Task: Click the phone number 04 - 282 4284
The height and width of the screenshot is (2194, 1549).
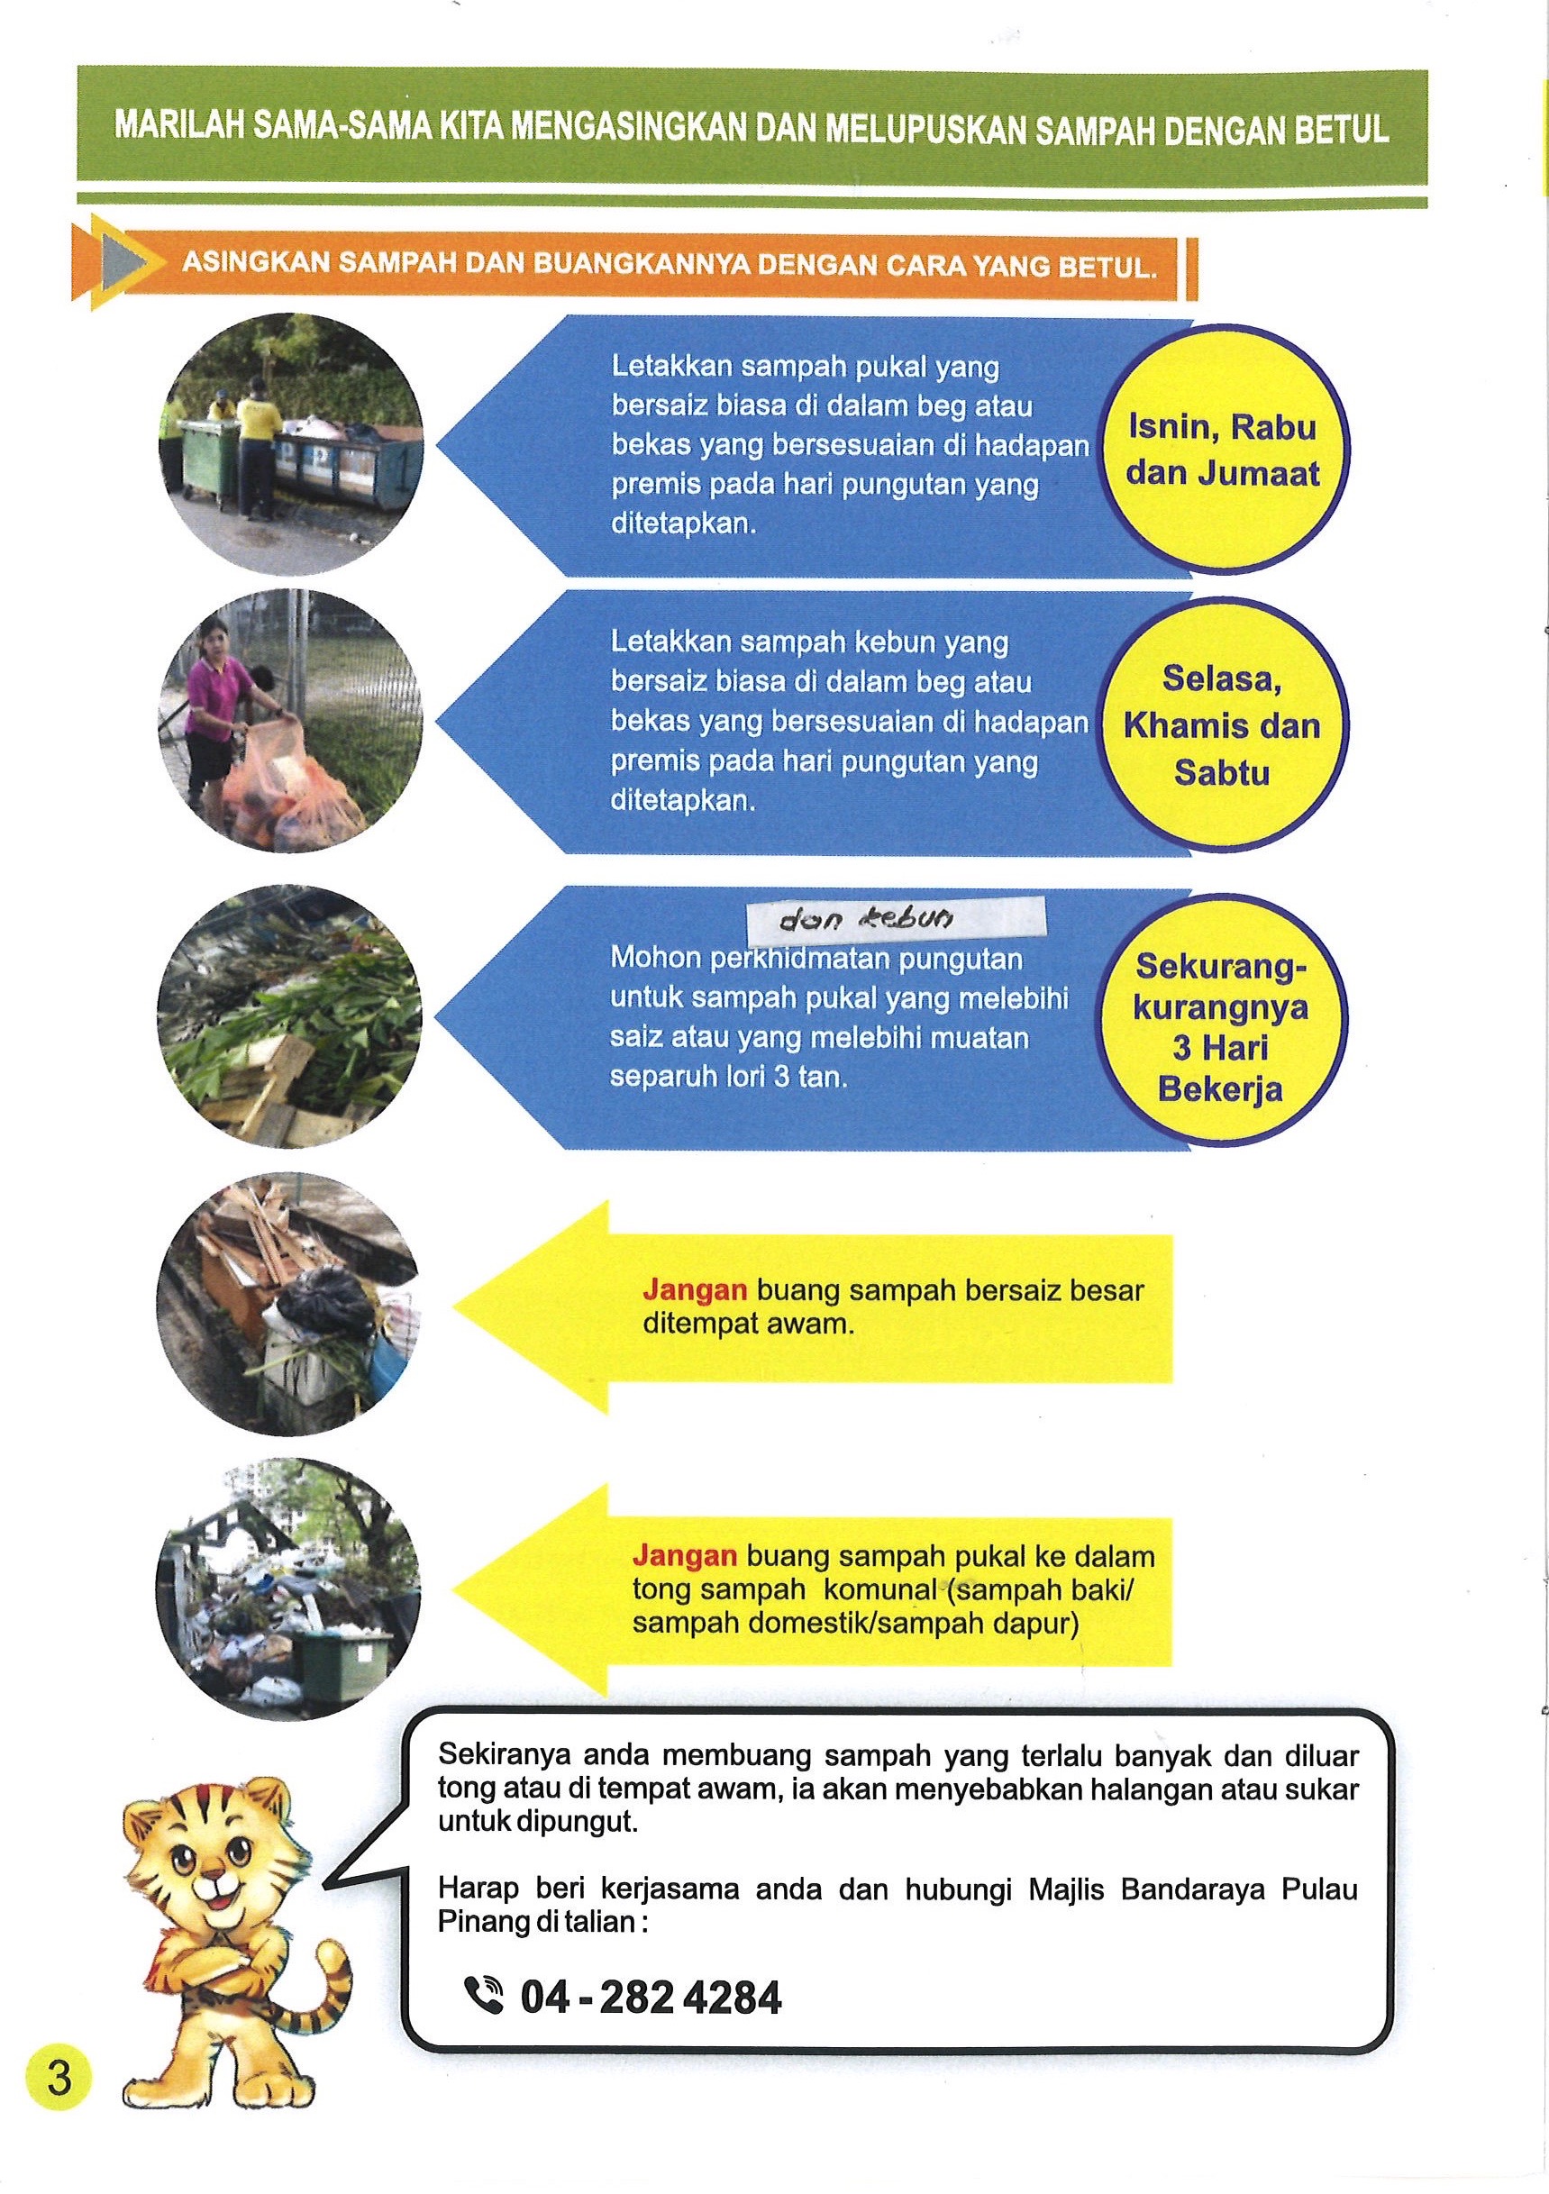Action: pos(651,1998)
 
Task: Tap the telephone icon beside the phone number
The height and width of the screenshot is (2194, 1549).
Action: pos(484,1995)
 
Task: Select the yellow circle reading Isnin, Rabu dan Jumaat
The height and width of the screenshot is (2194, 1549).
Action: pos(1223,451)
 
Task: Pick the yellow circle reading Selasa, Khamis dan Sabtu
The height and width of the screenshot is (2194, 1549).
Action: pos(1222,725)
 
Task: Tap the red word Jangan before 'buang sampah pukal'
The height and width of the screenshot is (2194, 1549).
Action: pos(684,1557)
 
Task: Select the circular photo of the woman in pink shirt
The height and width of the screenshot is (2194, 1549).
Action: pos(290,722)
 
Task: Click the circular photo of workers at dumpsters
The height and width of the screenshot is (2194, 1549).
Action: pos(290,444)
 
